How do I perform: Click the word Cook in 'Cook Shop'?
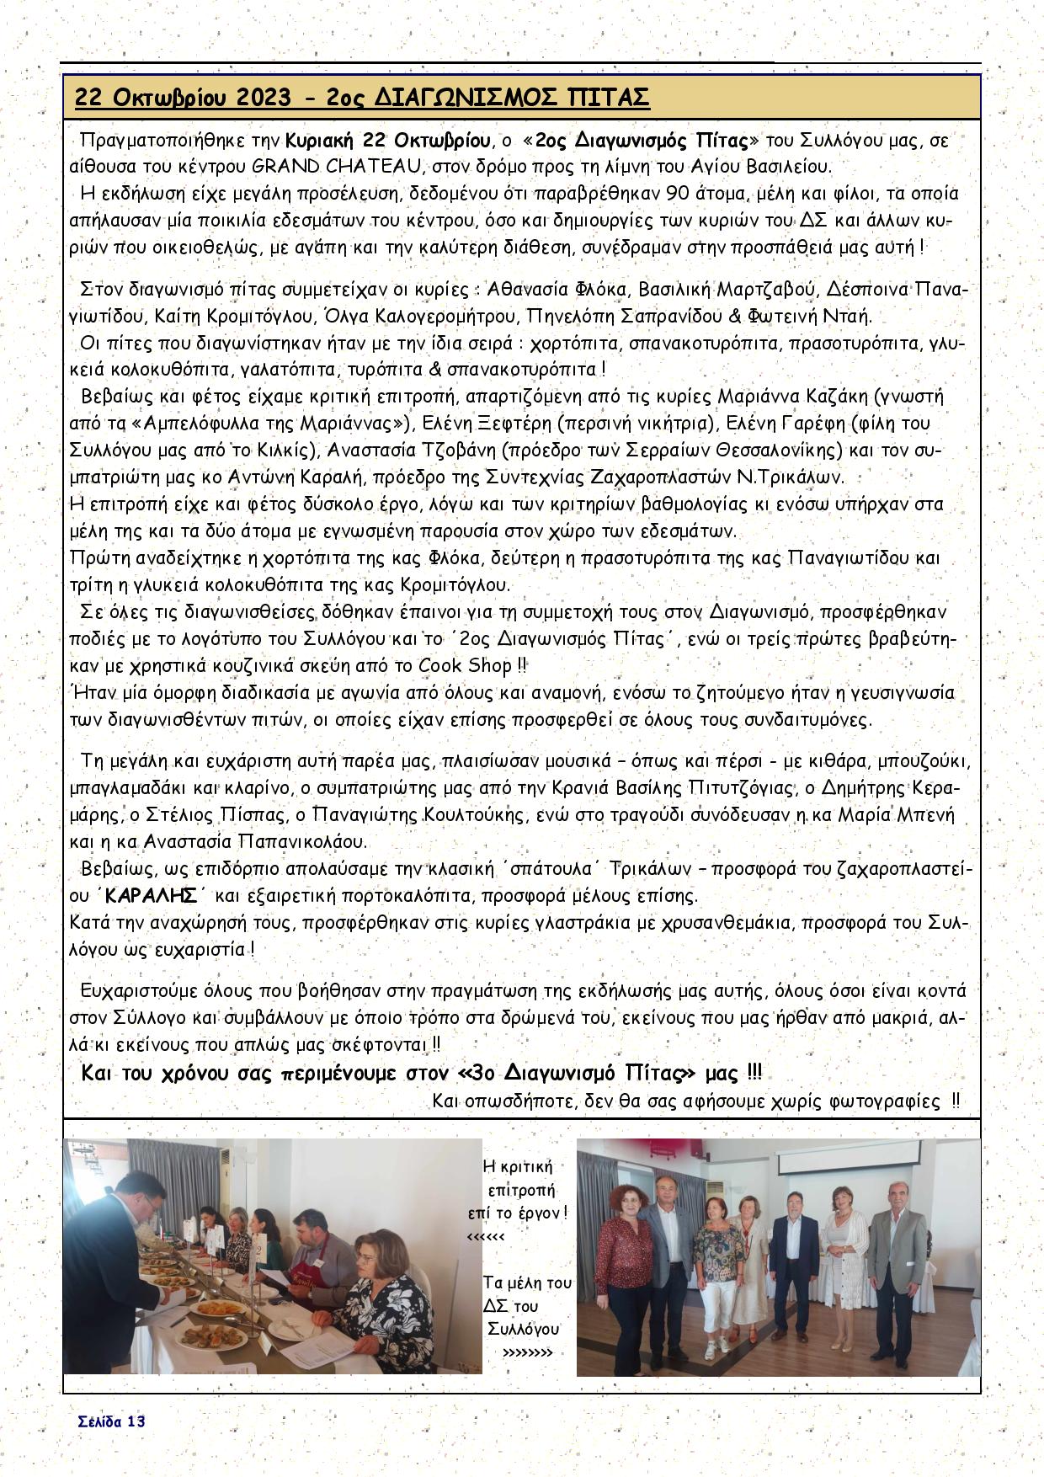(441, 666)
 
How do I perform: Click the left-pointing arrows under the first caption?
(485, 1237)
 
